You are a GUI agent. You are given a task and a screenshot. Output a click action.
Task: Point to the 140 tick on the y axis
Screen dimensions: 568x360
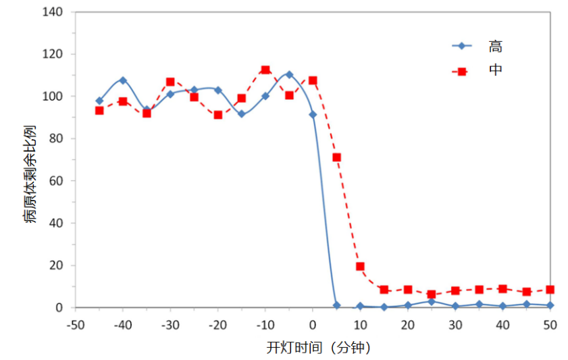click(x=53, y=12)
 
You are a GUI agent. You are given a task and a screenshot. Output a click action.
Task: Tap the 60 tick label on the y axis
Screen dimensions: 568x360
click(x=56, y=181)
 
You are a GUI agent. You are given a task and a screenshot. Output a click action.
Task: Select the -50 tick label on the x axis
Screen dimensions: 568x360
click(x=76, y=325)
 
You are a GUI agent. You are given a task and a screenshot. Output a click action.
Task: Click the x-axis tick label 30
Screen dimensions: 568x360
click(x=455, y=325)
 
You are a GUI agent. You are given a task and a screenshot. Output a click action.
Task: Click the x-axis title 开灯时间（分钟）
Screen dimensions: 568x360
click(x=318, y=347)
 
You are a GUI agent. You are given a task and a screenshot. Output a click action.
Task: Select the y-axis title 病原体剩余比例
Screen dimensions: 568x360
click(x=30, y=174)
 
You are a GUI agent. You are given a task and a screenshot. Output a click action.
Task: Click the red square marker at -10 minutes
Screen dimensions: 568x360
click(x=265, y=70)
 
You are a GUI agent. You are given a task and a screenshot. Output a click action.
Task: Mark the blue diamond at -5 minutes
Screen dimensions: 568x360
click(x=289, y=74)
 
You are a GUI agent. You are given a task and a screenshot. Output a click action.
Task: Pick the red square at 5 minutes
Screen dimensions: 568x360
click(x=336, y=157)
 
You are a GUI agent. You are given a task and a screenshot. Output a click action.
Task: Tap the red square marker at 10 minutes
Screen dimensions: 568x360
click(x=360, y=267)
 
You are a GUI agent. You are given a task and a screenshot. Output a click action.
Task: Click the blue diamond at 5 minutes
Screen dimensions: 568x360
click(x=336, y=305)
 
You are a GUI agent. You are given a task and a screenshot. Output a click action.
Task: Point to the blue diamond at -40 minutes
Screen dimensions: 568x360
click(x=123, y=80)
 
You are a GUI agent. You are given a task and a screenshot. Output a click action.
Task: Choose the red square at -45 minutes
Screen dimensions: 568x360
click(x=99, y=111)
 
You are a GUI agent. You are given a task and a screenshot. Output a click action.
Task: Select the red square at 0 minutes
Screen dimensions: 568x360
click(x=313, y=80)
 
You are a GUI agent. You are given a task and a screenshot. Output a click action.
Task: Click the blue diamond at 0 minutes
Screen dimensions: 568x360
click(x=313, y=115)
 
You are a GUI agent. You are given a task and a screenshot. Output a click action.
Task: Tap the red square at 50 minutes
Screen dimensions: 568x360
click(x=550, y=289)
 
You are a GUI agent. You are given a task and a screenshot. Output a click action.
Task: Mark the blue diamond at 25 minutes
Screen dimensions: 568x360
click(x=431, y=301)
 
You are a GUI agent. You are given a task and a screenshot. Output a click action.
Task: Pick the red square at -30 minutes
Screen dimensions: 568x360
click(x=170, y=82)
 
